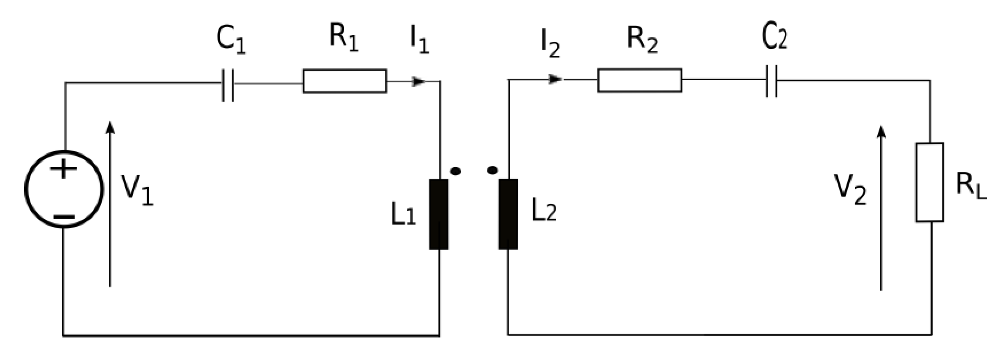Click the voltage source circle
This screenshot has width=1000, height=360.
click(64, 189)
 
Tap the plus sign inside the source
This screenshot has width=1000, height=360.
click(63, 169)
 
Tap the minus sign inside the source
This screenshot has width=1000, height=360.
click(64, 217)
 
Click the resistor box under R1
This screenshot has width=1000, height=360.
click(345, 81)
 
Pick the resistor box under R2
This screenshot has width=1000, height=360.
click(639, 81)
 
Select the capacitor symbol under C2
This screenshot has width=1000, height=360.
click(771, 81)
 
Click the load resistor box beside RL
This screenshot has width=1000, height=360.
click(930, 182)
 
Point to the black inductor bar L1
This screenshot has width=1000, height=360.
click(439, 214)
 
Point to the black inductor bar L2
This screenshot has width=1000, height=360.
click(508, 214)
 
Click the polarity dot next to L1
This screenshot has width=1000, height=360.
click(455, 171)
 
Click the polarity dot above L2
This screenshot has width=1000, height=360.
click(492, 170)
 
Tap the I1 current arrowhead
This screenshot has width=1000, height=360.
click(419, 82)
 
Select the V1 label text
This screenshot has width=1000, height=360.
click(137, 190)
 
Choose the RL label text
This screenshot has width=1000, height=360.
click(971, 186)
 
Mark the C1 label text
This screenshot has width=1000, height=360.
click(231, 40)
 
